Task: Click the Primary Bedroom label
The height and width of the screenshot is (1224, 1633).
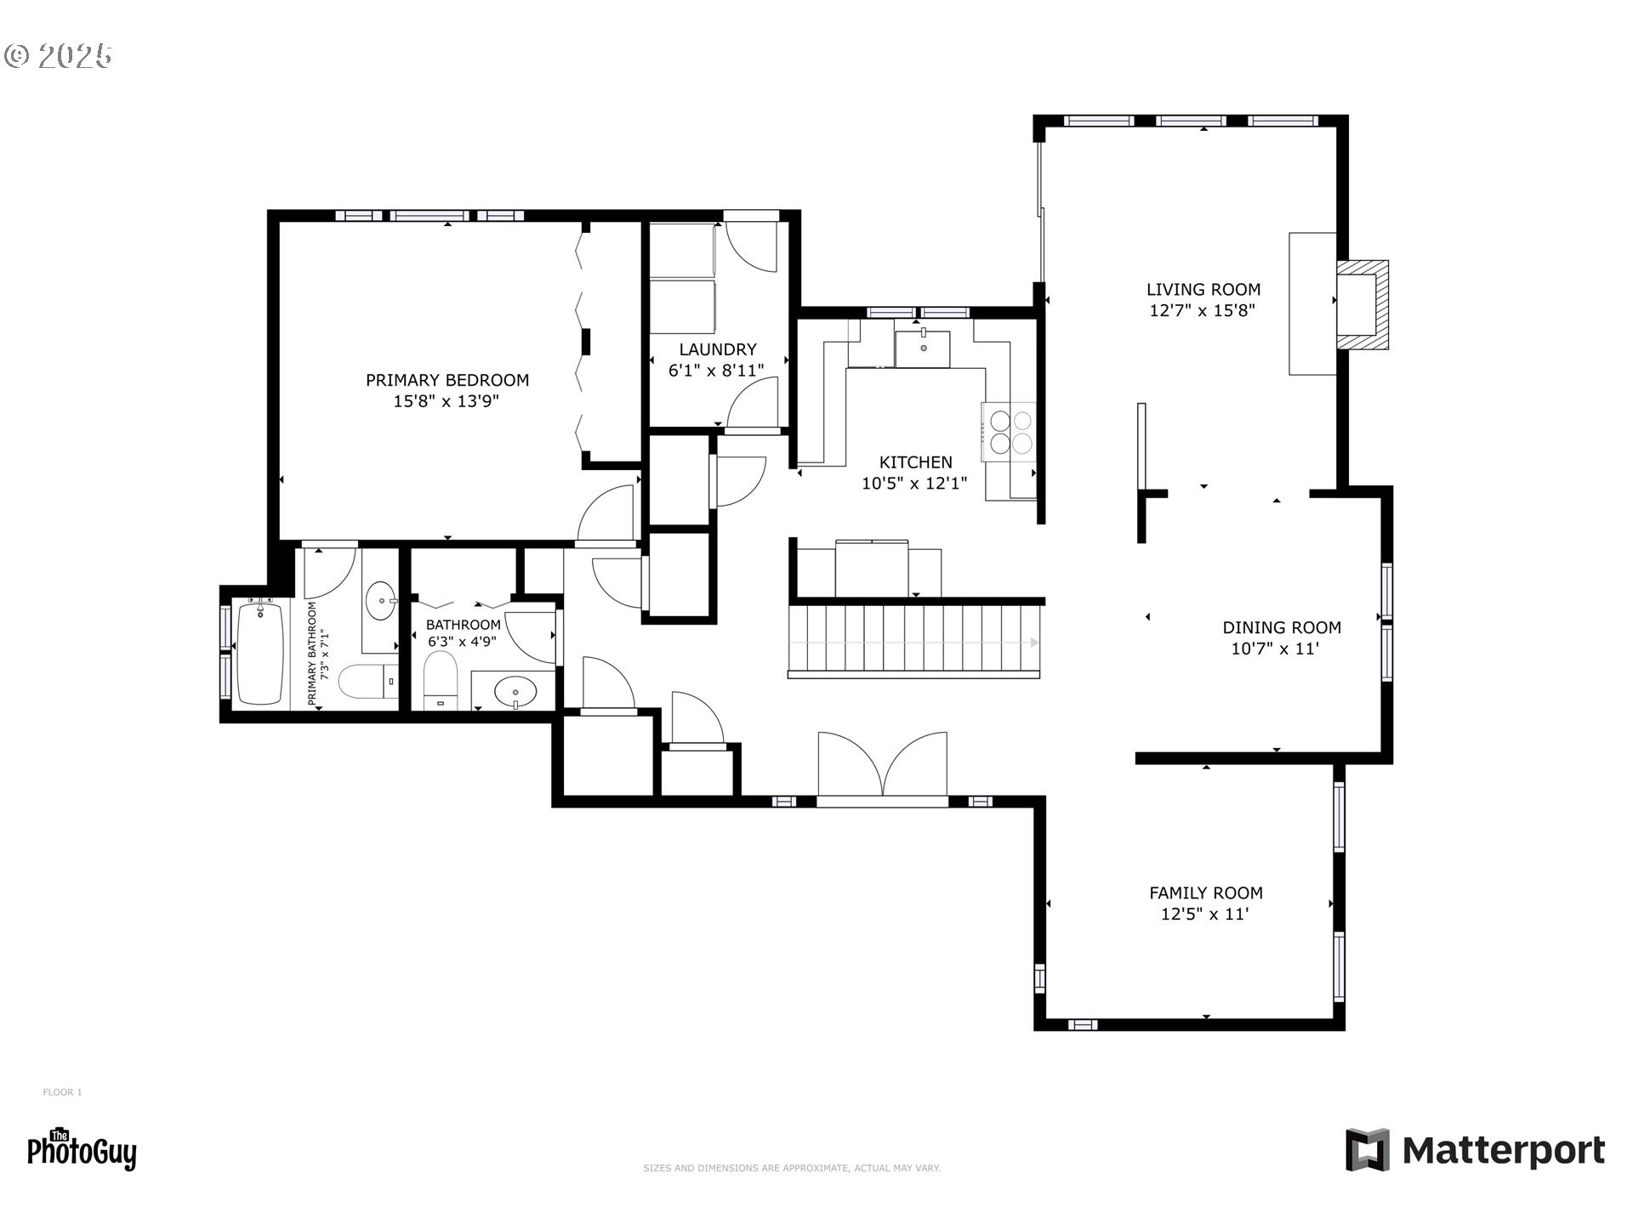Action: pos(447,380)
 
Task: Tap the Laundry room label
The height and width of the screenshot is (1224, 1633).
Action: pos(718,349)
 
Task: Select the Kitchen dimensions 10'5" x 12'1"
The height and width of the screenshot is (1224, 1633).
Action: pos(914,484)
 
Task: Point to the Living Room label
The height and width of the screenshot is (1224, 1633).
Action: pos(1203,290)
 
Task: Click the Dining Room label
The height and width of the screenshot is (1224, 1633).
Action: pos(1282,628)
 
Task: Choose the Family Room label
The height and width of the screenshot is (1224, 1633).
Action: pos(1206,893)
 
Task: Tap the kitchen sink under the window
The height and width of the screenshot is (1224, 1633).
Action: pos(923,348)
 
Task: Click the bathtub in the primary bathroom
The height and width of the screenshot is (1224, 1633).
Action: pos(260,653)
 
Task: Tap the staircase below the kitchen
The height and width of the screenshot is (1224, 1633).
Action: pos(915,640)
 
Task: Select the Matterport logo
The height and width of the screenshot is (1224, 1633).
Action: pos(1475,1150)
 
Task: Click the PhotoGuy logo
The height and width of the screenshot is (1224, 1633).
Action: pos(82,1150)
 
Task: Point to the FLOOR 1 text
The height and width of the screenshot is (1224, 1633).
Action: pos(62,1092)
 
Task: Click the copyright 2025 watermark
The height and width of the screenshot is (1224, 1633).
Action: pos(58,56)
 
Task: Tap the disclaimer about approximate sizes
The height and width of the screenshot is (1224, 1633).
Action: pos(792,1169)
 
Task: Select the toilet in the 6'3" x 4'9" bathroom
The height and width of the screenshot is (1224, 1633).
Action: pos(441,680)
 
